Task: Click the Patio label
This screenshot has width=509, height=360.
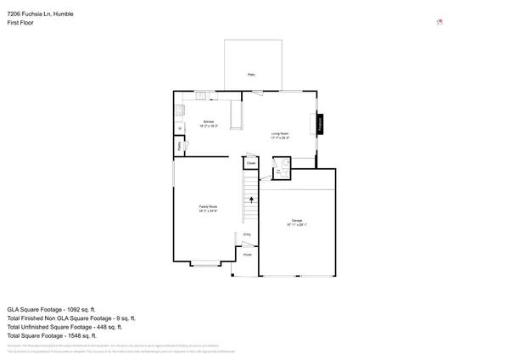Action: pos(251,75)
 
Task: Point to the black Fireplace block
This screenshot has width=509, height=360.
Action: pos(321,124)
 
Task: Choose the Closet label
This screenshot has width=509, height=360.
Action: pos(251,164)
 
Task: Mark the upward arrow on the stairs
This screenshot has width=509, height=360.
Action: pos(251,200)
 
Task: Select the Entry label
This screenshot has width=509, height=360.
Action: pos(247,234)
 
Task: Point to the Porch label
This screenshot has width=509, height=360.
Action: pos(248,254)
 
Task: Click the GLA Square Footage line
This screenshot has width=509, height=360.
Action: pos(51,309)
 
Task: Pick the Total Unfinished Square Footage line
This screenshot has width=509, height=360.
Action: pos(64,326)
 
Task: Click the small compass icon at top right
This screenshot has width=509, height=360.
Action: pos(439,22)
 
